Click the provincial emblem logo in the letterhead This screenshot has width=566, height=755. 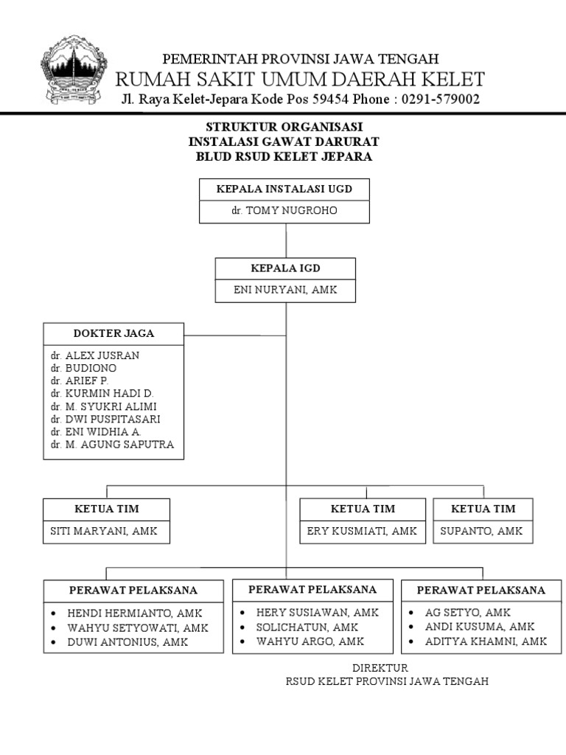coord(74,70)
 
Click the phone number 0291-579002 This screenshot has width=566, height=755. coord(441,100)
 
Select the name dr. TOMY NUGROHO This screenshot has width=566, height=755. coord(284,210)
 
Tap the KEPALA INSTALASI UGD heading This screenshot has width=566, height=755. coord(284,189)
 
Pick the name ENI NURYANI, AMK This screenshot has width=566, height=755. coord(285,290)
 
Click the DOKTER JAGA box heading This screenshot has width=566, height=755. coord(113,333)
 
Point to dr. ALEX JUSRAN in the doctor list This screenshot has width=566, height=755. coord(95,355)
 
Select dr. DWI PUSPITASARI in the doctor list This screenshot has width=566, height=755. coord(105,419)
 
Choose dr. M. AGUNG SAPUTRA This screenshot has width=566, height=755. coord(112,445)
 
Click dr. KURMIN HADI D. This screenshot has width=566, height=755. coord(102,394)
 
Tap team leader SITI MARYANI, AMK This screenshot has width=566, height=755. coord(104,531)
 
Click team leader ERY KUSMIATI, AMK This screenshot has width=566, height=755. coord(362,531)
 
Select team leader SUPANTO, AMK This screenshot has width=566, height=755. coord(481,531)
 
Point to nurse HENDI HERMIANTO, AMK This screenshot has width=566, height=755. coord(135,613)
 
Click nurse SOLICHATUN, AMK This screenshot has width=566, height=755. coord(307,627)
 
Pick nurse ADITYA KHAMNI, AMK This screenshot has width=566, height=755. coord(486,641)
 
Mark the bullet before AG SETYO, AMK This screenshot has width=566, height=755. coord(411,613)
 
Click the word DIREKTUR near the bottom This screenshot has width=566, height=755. coord(380,668)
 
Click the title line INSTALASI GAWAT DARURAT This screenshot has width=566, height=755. coord(284,142)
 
